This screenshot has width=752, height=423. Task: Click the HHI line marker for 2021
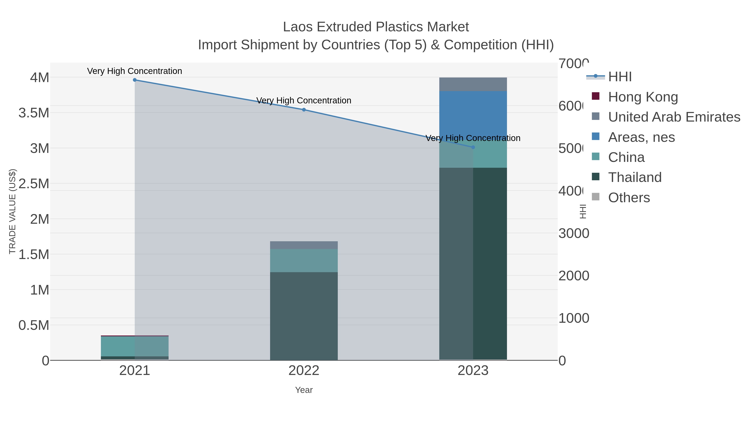tap(135, 80)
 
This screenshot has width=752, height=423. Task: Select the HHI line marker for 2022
tap(304, 110)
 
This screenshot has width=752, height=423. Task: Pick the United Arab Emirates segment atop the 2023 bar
tap(473, 84)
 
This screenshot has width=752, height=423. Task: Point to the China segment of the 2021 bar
tap(135, 346)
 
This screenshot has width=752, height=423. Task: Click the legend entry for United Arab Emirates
tap(674, 117)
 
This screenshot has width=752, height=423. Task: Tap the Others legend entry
tap(629, 198)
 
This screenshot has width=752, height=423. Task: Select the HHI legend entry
tap(620, 77)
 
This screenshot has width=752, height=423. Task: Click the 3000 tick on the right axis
tap(573, 234)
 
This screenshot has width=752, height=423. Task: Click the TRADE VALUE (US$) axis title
tap(13, 211)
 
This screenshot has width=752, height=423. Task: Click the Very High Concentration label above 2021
tap(135, 71)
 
